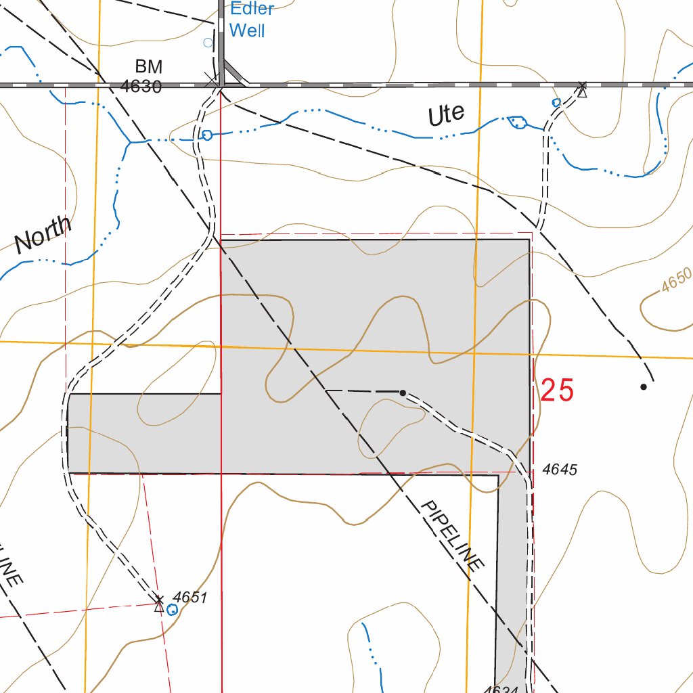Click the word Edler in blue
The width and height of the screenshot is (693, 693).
[252, 9]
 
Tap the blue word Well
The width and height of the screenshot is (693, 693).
[247, 30]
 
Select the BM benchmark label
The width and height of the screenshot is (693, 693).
[149, 66]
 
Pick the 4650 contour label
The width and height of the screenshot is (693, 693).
[677, 280]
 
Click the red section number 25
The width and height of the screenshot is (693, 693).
[557, 391]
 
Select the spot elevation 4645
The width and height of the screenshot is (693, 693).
[560, 470]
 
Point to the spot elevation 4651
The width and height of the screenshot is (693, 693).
[189, 597]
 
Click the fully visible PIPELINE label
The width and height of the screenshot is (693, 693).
[452, 535]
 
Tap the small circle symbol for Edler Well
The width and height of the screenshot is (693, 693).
[208, 43]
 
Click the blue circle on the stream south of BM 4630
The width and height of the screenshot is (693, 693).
[207, 135]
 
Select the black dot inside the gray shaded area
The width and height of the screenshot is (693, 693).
[403, 393]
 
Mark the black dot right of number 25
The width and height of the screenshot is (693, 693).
[644, 387]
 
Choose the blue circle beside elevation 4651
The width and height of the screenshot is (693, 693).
[172, 610]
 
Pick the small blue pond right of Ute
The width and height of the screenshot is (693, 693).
[518, 122]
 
